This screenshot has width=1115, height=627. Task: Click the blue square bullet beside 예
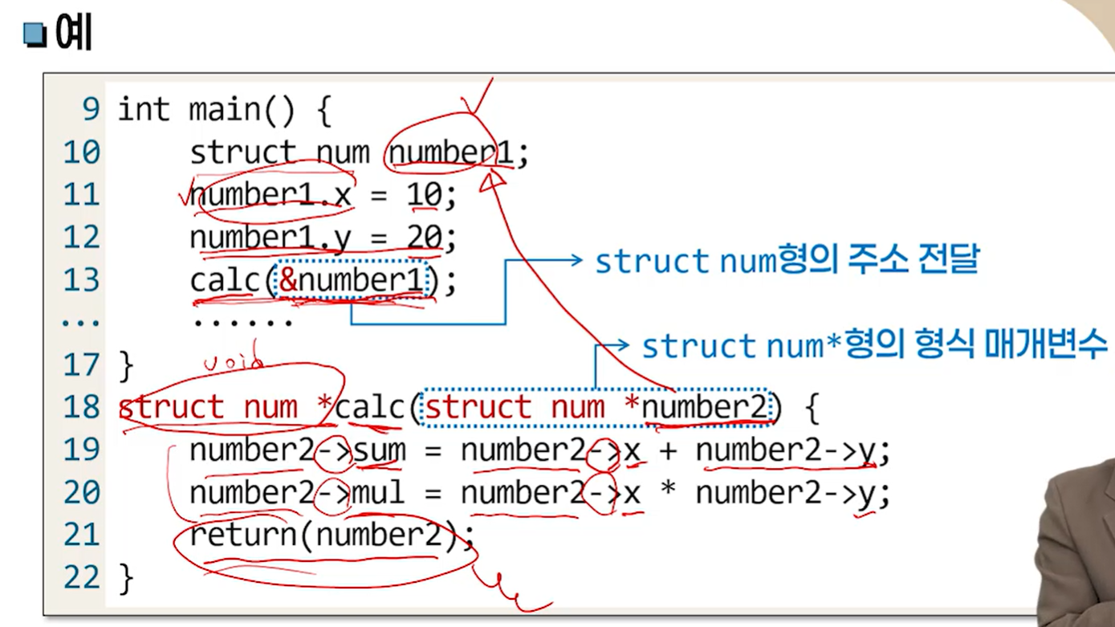click(x=35, y=35)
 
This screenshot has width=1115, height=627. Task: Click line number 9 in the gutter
click(x=90, y=109)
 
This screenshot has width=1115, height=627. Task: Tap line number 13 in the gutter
click(x=81, y=280)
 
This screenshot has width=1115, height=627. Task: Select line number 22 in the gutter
click(x=81, y=577)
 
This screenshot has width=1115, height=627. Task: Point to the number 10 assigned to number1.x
click(x=424, y=195)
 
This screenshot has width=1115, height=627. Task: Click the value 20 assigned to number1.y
click(x=424, y=238)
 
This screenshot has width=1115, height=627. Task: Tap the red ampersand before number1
click(x=287, y=280)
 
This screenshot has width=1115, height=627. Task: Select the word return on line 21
click(x=243, y=534)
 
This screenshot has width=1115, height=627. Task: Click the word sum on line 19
click(x=380, y=450)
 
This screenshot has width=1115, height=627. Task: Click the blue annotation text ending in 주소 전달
click(x=787, y=261)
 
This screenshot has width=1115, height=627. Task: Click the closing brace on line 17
click(x=126, y=365)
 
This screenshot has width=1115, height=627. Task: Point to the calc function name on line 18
click(x=370, y=408)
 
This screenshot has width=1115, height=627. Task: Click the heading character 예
click(x=75, y=34)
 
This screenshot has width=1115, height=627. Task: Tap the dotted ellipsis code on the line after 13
click(x=242, y=323)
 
